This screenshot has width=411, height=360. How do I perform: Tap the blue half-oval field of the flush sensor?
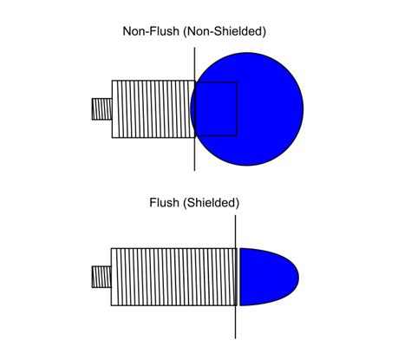267,276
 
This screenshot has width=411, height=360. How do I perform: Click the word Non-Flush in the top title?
150,31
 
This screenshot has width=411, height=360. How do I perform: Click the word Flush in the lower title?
166,203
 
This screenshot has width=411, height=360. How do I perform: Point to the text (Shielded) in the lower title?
212,203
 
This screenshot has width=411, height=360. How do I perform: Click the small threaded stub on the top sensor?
101,109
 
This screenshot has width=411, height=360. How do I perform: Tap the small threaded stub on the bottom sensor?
101,277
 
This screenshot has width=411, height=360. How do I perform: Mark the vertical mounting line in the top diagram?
195,156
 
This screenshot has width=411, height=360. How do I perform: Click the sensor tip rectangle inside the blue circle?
216,109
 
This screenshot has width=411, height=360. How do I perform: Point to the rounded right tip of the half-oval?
297,277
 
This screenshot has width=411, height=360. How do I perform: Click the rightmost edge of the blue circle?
303,108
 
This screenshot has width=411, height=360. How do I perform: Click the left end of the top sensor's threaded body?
113,109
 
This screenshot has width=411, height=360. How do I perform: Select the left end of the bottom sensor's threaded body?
113,277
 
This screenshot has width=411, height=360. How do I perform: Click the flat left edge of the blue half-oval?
240,277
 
